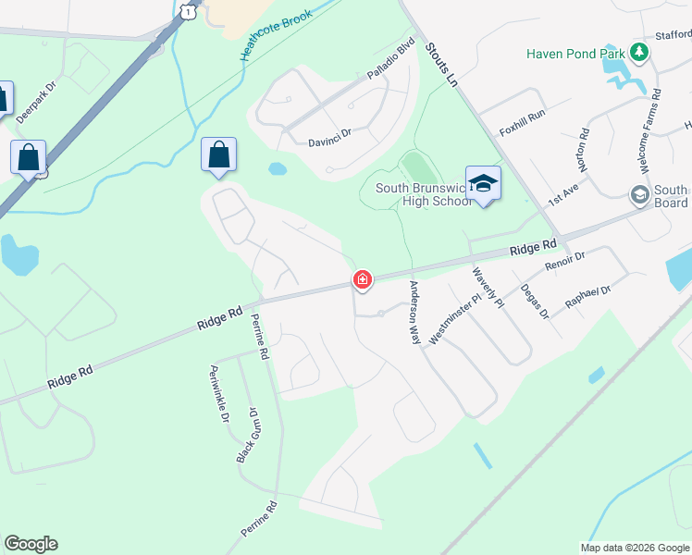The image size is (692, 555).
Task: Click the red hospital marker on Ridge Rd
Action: [362, 279]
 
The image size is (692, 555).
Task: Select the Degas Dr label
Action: [534, 302]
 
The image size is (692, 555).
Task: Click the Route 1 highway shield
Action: [189, 9]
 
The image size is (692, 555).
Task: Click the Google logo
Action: [31, 544]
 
